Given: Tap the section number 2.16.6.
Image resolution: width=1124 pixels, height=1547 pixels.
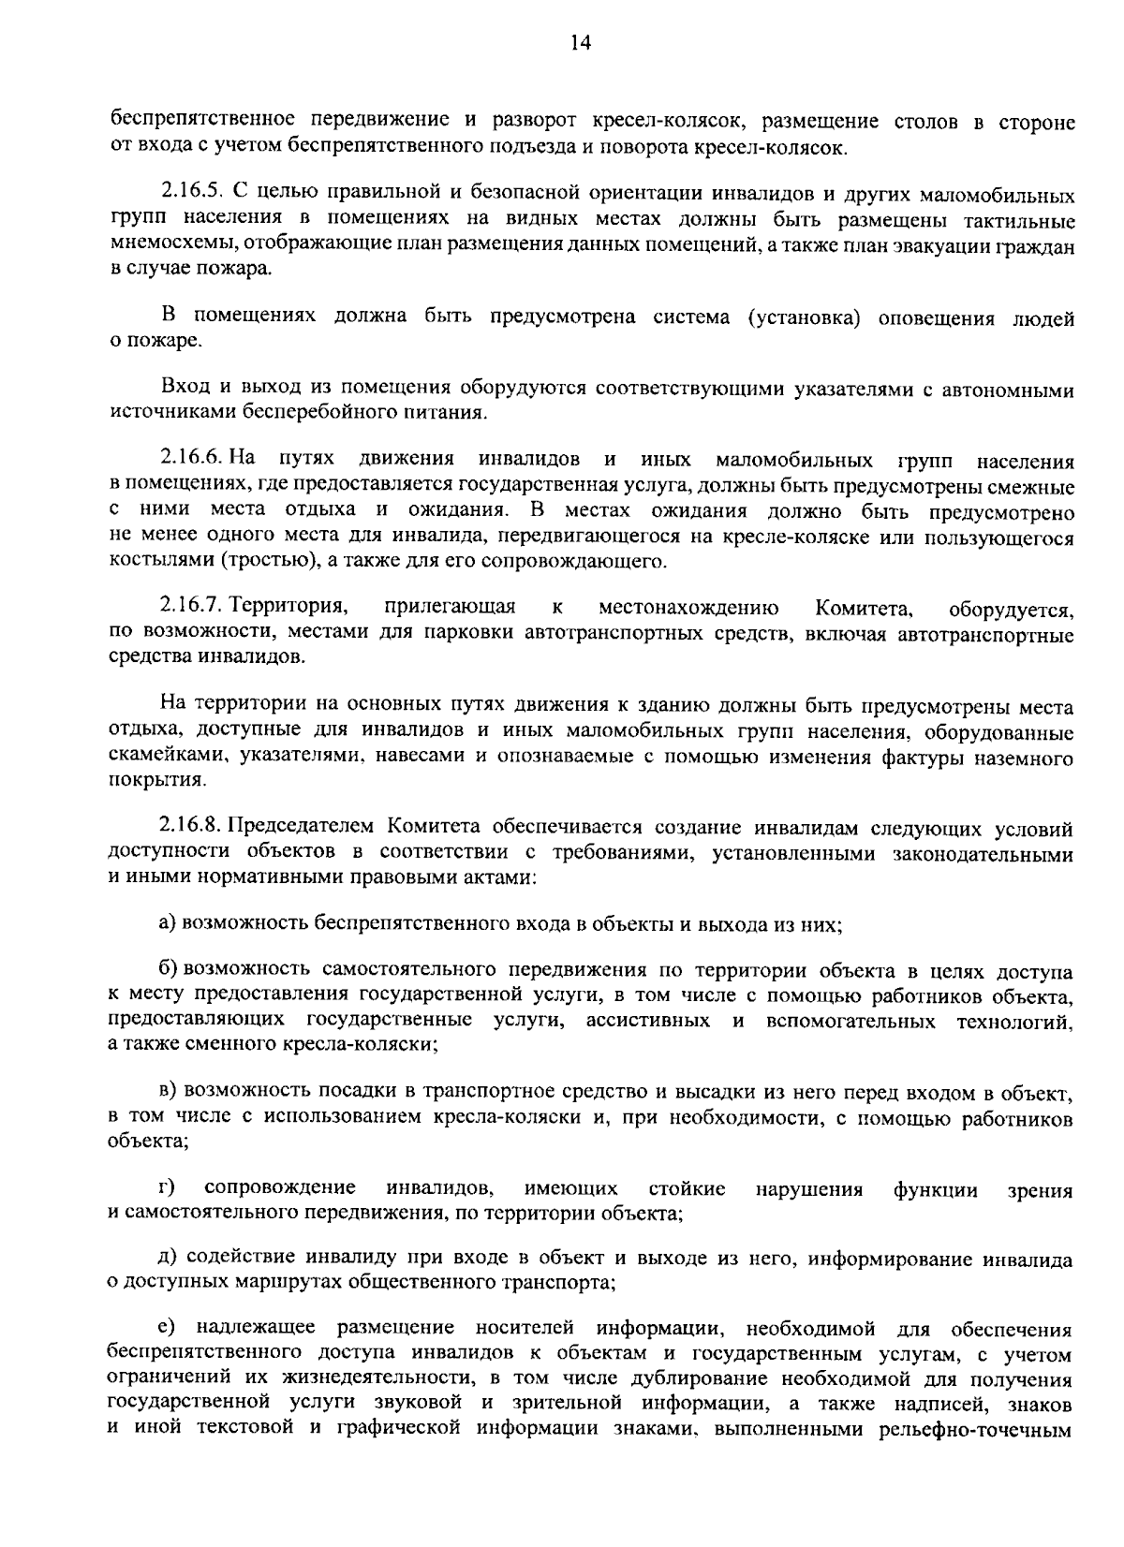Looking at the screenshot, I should pyautogui.click(x=189, y=460).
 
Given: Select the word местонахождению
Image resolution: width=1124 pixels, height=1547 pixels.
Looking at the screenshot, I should pyautogui.click(x=687, y=610).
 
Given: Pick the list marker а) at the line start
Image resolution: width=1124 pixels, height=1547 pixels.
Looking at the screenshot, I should pyautogui.click(x=168, y=924).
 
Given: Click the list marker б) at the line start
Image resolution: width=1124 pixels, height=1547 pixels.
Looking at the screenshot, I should pyautogui.click(x=169, y=971).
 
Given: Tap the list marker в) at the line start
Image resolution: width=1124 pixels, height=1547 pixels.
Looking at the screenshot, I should pyautogui.click(x=168, y=1093).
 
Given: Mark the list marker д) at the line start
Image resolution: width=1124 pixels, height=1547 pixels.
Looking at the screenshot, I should pyautogui.click(x=168, y=1260).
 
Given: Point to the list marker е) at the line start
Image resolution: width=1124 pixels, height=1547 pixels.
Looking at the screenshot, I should pyautogui.click(x=168, y=1330).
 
